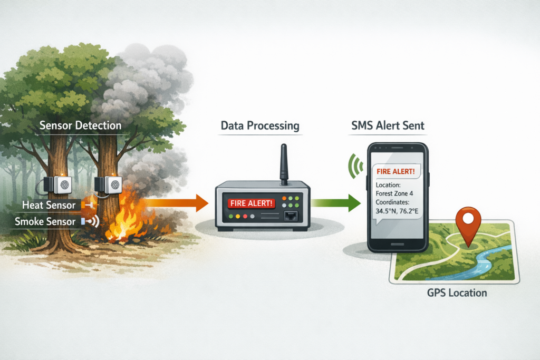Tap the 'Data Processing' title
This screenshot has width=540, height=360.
pos(259,126)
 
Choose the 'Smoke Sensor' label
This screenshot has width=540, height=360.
pos(46,222)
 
